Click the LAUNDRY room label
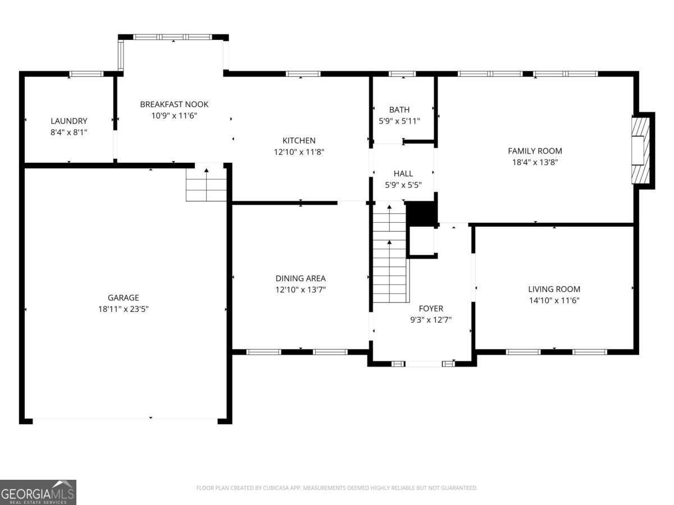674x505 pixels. (69, 121)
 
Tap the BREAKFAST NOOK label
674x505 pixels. (174, 104)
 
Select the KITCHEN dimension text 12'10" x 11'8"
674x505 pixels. (299, 151)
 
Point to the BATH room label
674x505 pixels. (399, 110)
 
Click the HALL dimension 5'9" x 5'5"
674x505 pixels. (403, 185)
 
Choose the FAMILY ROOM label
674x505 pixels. (535, 151)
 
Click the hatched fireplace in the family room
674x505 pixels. (640, 150)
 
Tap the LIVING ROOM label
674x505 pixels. (554, 289)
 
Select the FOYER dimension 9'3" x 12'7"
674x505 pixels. (431, 320)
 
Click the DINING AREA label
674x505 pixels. (300, 278)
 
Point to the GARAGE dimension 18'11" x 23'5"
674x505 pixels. (123, 309)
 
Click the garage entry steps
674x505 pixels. (206, 185)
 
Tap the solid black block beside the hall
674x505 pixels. (422, 213)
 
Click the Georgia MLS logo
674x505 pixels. (38, 492)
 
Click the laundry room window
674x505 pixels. (86, 74)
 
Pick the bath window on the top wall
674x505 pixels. (402, 74)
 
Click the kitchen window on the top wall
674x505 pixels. (303, 74)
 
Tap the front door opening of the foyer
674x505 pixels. (423, 364)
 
